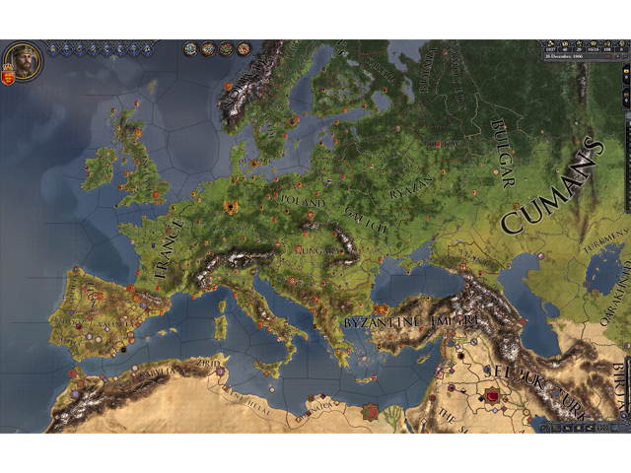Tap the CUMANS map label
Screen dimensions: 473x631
click(x=553, y=186)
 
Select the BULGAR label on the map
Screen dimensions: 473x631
click(x=500, y=153)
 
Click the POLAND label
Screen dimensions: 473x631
click(x=303, y=201)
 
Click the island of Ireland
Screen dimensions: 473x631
click(x=101, y=169)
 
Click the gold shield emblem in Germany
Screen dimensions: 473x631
click(x=232, y=207)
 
